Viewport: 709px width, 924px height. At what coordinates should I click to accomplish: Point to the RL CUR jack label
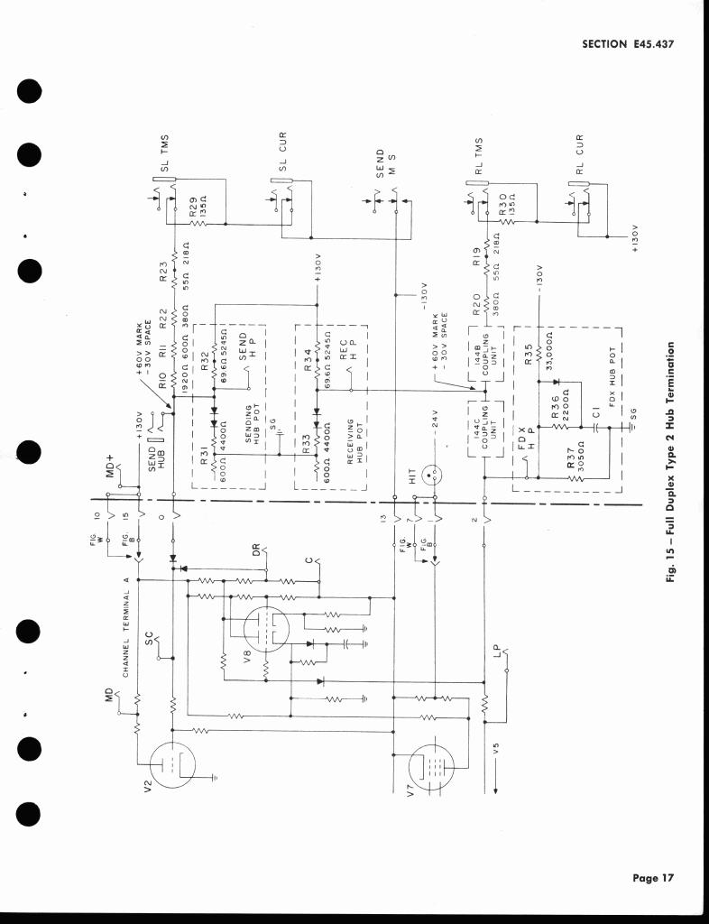(581, 154)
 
